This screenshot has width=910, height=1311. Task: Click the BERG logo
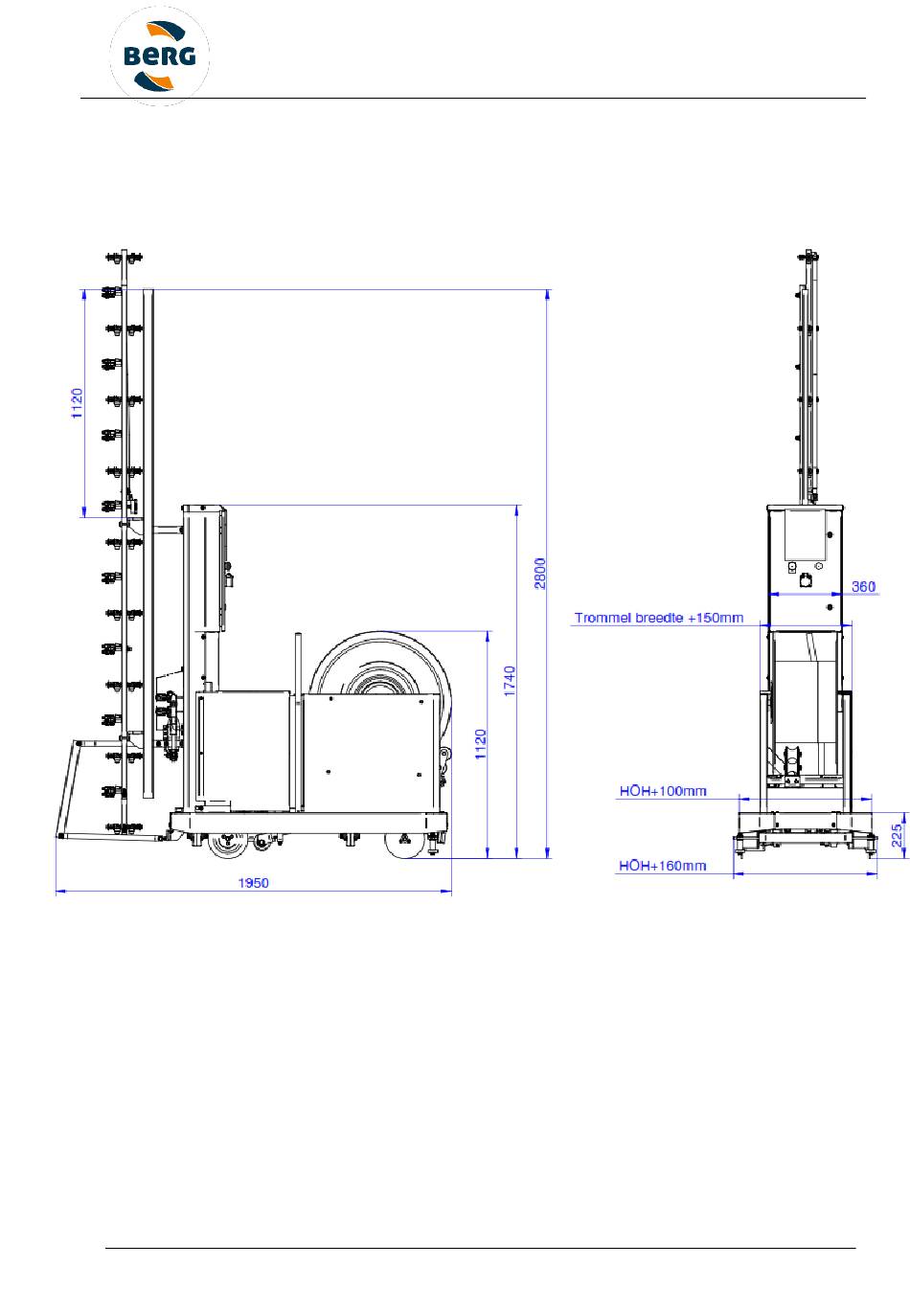click(159, 57)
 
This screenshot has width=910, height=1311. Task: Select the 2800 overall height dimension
click(540, 573)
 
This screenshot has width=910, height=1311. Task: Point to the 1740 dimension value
click(510, 681)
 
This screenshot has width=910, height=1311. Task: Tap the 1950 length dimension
click(253, 883)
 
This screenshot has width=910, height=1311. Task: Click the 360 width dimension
click(863, 586)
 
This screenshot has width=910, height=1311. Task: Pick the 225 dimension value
click(898, 835)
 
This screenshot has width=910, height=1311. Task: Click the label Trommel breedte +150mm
click(659, 618)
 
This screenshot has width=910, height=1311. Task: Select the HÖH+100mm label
click(663, 791)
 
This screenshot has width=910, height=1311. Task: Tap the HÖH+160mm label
click(662, 866)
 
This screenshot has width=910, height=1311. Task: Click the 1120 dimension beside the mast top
click(78, 403)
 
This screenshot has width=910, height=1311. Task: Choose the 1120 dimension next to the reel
click(481, 744)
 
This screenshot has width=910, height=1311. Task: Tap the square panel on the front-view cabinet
click(806, 533)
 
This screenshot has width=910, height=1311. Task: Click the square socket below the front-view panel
click(806, 580)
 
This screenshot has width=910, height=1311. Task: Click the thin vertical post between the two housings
click(298, 721)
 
